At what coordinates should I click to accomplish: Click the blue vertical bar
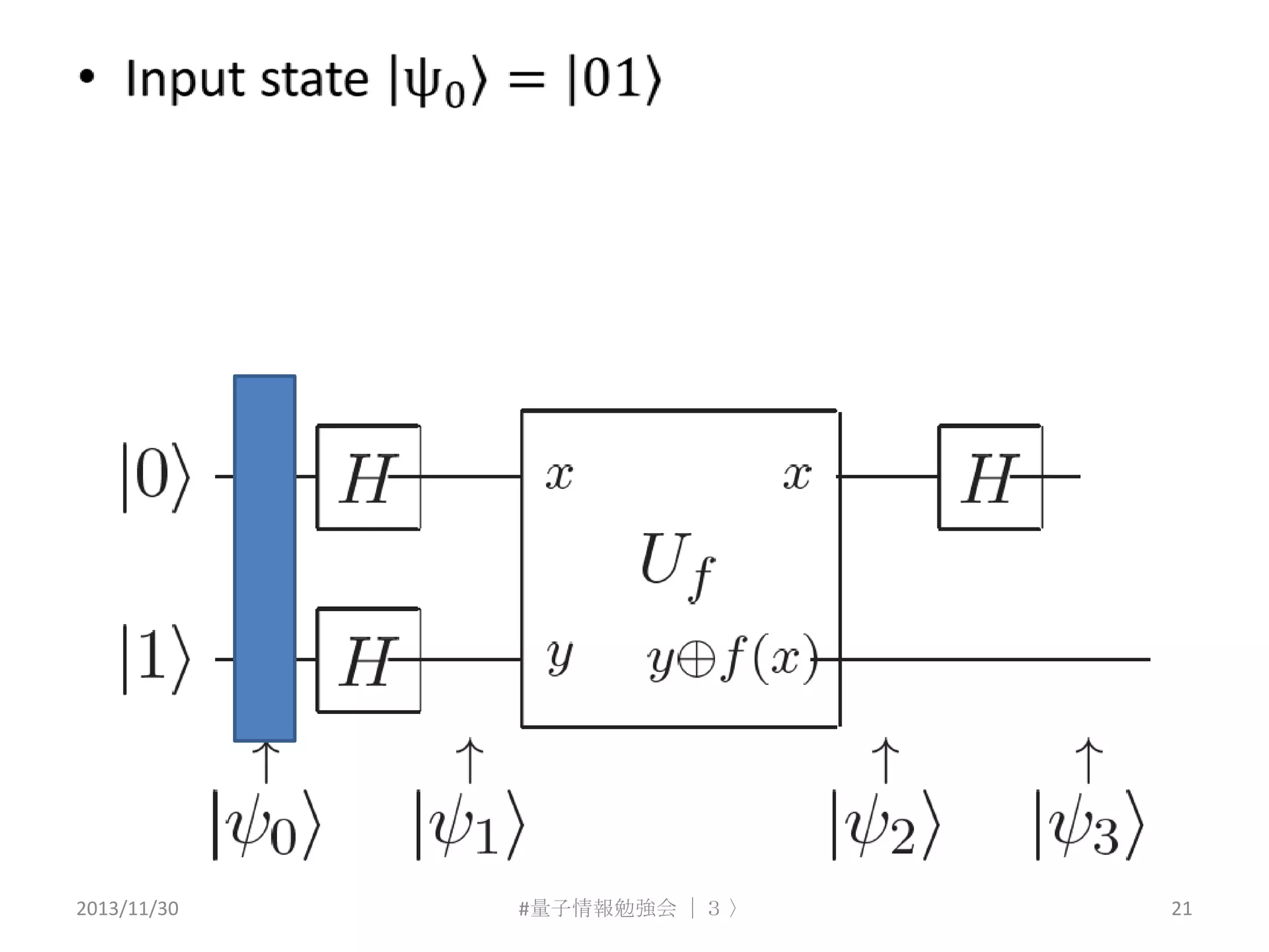pyautogui.click(x=265, y=558)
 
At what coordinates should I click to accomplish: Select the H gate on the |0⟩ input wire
pyautogui.click(x=368, y=477)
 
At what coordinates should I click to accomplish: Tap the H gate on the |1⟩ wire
pyautogui.click(x=368, y=660)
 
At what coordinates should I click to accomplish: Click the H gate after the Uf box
pyautogui.click(x=990, y=477)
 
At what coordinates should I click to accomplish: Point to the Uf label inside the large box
pyautogui.click(x=677, y=564)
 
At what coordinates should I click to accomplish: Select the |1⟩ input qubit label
pyautogui.click(x=155, y=659)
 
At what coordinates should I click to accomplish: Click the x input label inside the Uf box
pyautogui.click(x=559, y=476)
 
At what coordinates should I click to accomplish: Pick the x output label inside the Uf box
pyautogui.click(x=797, y=476)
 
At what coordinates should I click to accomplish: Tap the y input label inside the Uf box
pyautogui.click(x=559, y=657)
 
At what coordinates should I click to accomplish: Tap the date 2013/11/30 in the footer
pyautogui.click(x=127, y=909)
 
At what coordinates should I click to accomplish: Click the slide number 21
pyautogui.click(x=1181, y=909)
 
